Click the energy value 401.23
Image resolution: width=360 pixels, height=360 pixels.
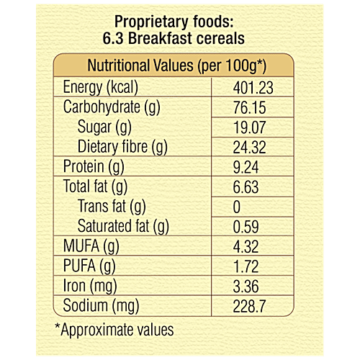tap(253, 88)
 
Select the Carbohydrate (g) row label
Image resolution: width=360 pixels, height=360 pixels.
tap(112, 107)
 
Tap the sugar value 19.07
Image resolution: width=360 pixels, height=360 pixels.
tap(250, 127)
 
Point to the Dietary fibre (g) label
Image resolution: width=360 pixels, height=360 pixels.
tap(122, 147)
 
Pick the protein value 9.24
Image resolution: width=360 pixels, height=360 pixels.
tap(246, 167)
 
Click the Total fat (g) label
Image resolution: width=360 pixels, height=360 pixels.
tap(95, 186)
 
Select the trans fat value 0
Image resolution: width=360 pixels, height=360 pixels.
tap(237, 207)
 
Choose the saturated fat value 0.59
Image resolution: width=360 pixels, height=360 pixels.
tap(246, 227)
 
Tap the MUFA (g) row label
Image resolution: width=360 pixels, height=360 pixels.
tap(91, 246)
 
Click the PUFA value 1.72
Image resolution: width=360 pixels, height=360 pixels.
tap(246, 266)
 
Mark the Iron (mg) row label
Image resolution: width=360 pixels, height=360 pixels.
tap(90, 287)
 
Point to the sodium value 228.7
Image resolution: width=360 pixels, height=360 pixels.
tap(249, 306)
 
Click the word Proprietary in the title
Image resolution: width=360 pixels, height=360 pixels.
tap(151, 22)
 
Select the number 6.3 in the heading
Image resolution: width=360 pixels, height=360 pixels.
tap(113, 38)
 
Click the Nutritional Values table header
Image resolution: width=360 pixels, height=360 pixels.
tap(177, 66)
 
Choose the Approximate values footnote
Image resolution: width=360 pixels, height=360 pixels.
tap(114, 330)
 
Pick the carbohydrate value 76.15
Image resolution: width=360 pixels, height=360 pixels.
tap(250, 107)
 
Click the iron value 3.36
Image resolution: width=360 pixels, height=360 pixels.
tap(246, 287)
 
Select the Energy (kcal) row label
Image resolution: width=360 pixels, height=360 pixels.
tap(101, 87)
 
